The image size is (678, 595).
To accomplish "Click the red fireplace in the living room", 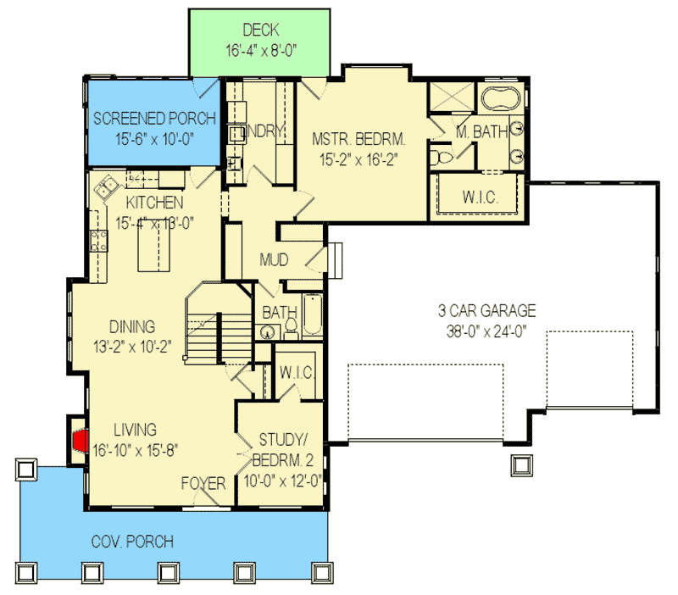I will click(x=81, y=441).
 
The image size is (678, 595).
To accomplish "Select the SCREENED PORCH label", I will click(x=153, y=118).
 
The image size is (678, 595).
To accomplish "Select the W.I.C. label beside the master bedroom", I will click(x=480, y=197).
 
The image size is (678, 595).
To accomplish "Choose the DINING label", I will click(x=131, y=326).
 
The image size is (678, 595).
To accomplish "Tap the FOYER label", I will click(x=203, y=484).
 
